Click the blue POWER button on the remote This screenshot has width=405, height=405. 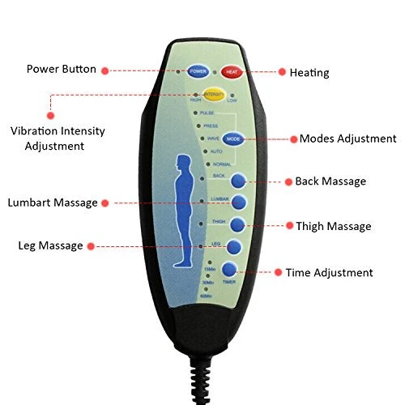click(x=198, y=71)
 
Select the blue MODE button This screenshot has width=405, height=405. click(x=232, y=139)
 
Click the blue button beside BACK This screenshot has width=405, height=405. click(x=239, y=182)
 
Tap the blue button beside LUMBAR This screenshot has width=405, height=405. click(x=239, y=202)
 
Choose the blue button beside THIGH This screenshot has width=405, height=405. click(x=237, y=225)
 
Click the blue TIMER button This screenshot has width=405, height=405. click(x=229, y=271)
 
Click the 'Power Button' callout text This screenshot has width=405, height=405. click(x=62, y=70)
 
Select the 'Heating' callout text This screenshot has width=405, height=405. click(x=309, y=73)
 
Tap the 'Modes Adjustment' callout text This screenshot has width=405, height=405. click(x=347, y=139)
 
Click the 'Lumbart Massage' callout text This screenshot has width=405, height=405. click(x=53, y=202)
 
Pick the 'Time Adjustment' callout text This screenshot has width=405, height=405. click(x=329, y=273)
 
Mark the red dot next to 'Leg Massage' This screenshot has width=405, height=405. click(x=91, y=245)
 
